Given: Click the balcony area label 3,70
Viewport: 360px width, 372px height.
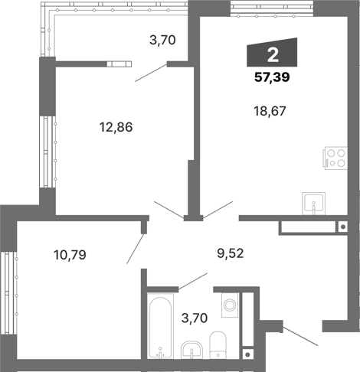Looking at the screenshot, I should coord(164,41).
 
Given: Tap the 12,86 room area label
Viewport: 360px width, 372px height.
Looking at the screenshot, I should coord(116,127).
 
